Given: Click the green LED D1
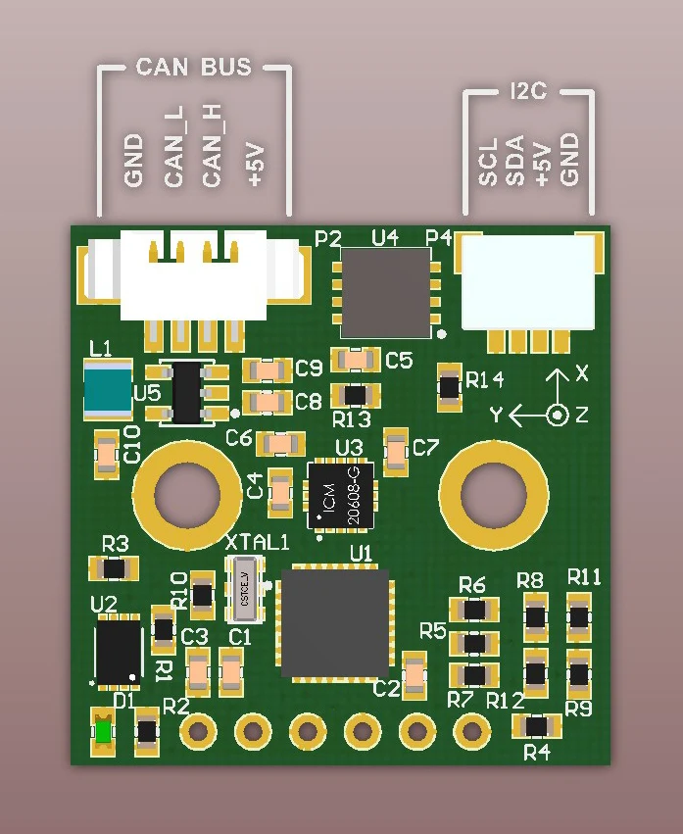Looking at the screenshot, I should [x=103, y=732].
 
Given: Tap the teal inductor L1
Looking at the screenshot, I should [x=107, y=389].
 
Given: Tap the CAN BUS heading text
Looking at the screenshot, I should [x=194, y=68].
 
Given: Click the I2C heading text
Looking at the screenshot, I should [x=528, y=92].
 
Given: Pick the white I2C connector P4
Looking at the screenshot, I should [x=528, y=282].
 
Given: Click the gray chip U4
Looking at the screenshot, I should [x=385, y=290].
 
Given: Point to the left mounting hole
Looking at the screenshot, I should [x=187, y=494].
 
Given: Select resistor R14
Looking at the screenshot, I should [x=449, y=386].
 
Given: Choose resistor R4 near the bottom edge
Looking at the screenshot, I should [x=537, y=726].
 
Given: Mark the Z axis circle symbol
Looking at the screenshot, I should [x=557, y=415].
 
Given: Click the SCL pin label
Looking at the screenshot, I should [x=489, y=162].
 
